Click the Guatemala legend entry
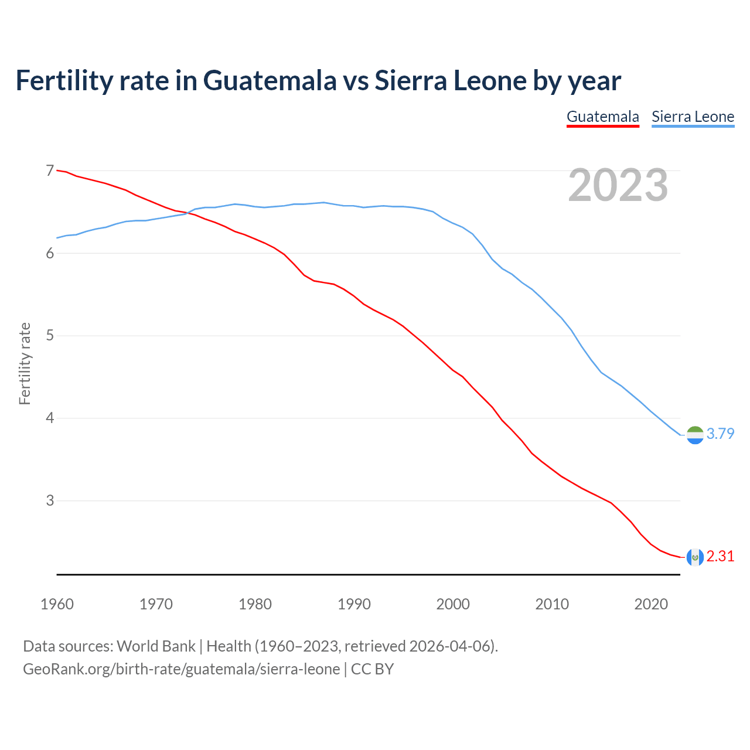[x=602, y=117]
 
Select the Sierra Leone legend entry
[x=693, y=117]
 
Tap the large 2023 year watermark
[x=618, y=185]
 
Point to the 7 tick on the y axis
[x=50, y=171]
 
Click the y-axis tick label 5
[x=50, y=336]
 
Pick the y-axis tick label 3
[x=50, y=501]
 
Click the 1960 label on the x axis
[x=57, y=604]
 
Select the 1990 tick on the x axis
[x=354, y=604]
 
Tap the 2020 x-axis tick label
[x=651, y=604]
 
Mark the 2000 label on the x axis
[x=453, y=604]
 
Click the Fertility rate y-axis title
[x=25, y=363]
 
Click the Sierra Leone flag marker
[x=694, y=435]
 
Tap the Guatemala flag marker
[x=694, y=557]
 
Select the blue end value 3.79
[x=720, y=434]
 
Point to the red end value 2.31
[x=720, y=556]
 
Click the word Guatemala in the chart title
[x=270, y=81]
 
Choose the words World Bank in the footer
[x=156, y=646]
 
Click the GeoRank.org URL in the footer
[x=181, y=669]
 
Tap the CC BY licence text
[x=372, y=669]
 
